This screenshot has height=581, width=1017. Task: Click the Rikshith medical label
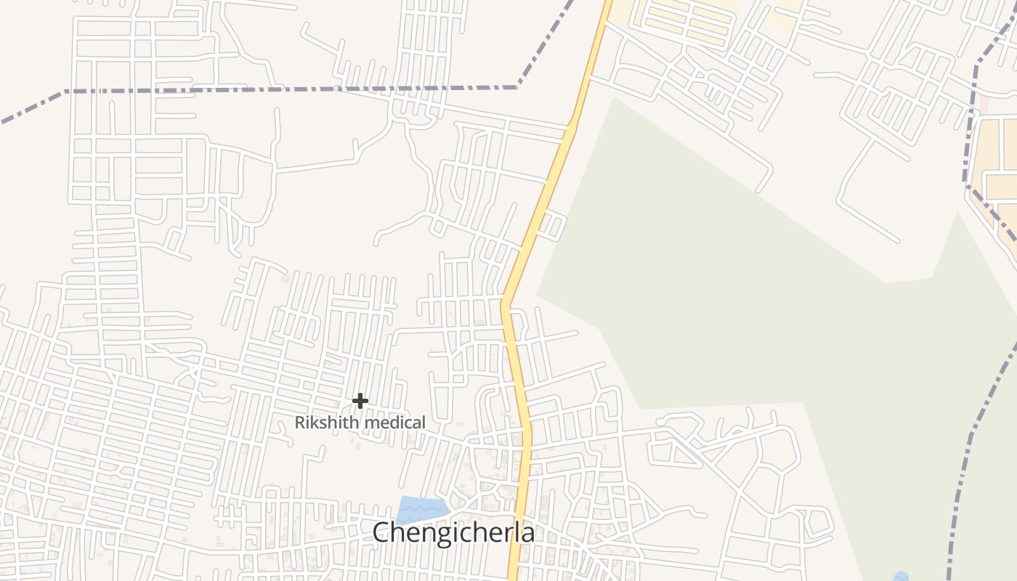click(x=360, y=422)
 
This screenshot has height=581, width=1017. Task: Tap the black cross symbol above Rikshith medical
click(x=360, y=400)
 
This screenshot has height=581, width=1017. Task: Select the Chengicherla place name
click(x=453, y=532)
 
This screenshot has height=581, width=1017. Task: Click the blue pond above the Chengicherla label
click(x=421, y=508)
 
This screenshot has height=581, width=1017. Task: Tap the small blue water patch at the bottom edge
click(x=901, y=577)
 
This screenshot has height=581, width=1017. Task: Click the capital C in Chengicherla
click(x=382, y=532)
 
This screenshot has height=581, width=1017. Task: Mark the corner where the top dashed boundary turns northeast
click(x=517, y=87)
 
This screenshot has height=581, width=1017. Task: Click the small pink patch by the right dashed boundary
click(x=984, y=103)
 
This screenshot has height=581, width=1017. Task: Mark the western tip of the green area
click(x=538, y=295)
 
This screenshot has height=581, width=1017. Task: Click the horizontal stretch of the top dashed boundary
click(x=291, y=90)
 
